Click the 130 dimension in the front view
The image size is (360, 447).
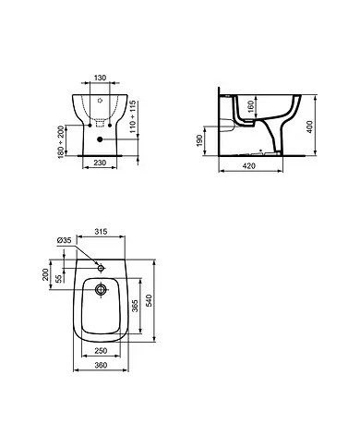[x=100, y=78]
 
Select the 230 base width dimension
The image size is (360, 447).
[x=100, y=163]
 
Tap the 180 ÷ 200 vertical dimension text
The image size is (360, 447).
[x=62, y=141]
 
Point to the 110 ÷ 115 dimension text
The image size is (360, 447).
[x=132, y=116]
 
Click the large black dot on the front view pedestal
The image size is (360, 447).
[x=100, y=139]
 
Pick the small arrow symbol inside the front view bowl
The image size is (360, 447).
[x=100, y=101]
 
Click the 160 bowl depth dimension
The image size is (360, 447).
[x=251, y=106]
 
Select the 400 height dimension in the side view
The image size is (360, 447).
[x=309, y=127]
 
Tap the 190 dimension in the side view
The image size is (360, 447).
[x=199, y=140]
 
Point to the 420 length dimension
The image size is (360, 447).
[x=249, y=166]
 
